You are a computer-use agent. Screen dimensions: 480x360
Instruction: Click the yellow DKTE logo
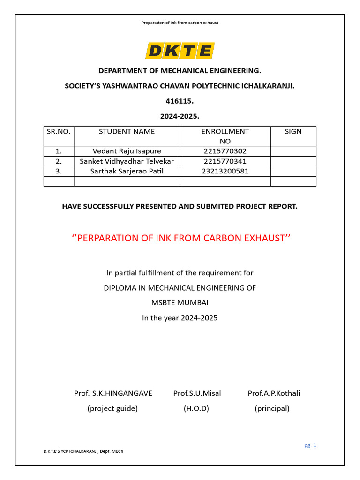point(180,50)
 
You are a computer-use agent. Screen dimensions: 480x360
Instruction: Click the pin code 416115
point(180,101)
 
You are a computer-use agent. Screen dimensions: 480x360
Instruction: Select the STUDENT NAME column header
point(127,131)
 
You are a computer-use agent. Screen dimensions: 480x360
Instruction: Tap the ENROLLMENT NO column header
point(225,136)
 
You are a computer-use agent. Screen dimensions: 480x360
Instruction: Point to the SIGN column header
point(293,131)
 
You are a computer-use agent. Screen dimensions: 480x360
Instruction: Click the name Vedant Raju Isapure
point(127,151)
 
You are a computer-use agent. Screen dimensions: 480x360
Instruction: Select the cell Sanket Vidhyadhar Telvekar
point(127,161)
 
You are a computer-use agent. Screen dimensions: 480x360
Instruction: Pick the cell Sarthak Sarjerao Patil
point(127,171)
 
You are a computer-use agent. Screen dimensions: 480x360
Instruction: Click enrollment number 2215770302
point(225,151)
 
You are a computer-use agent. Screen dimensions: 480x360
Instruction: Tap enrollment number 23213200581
point(225,171)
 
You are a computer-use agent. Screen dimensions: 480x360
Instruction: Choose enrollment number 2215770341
point(225,161)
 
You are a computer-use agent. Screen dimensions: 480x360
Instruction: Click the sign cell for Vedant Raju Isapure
point(293,151)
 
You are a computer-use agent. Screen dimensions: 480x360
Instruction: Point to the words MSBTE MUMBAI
point(180,303)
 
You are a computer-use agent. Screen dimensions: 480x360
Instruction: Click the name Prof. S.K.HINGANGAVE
point(113,393)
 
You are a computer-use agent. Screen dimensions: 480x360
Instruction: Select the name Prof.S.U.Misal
point(197,393)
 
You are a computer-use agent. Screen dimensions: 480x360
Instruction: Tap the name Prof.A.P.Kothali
point(274,393)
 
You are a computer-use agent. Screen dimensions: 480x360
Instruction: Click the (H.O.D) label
point(196,408)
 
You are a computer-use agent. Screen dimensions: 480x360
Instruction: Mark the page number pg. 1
point(310,445)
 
